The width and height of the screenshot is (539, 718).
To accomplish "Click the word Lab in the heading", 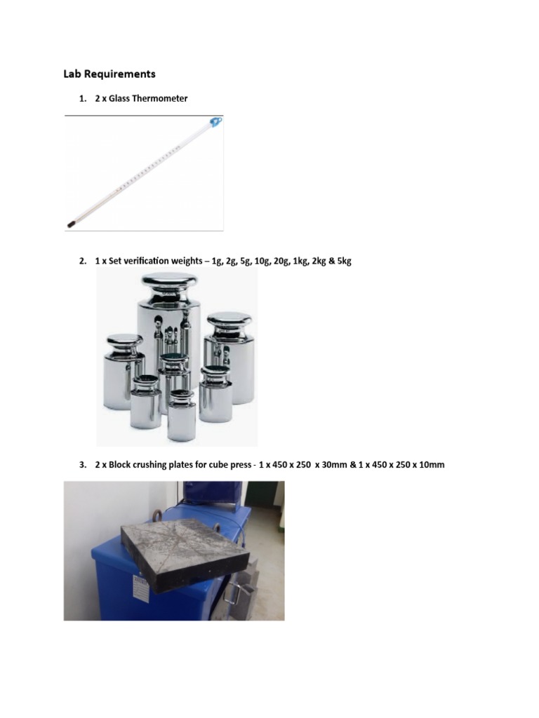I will pyautogui.click(x=72, y=74).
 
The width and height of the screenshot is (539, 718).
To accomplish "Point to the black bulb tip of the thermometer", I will pyautogui.click(x=71, y=225).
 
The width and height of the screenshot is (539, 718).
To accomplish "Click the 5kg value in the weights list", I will pyautogui.click(x=342, y=261).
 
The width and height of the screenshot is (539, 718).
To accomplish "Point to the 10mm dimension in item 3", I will pyautogui.click(x=430, y=465).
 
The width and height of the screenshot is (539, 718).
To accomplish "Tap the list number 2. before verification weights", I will pyautogui.click(x=82, y=261).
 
